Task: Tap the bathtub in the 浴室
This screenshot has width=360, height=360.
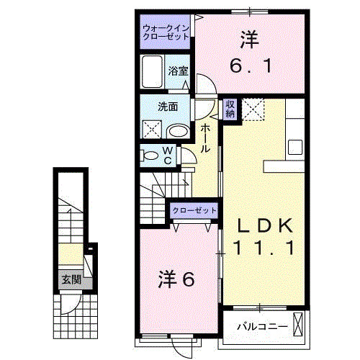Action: pos(153,72)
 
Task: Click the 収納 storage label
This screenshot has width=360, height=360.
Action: pos(230,109)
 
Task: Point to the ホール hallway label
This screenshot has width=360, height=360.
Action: pos(204,138)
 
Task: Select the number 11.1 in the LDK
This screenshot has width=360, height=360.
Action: pos(264,249)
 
